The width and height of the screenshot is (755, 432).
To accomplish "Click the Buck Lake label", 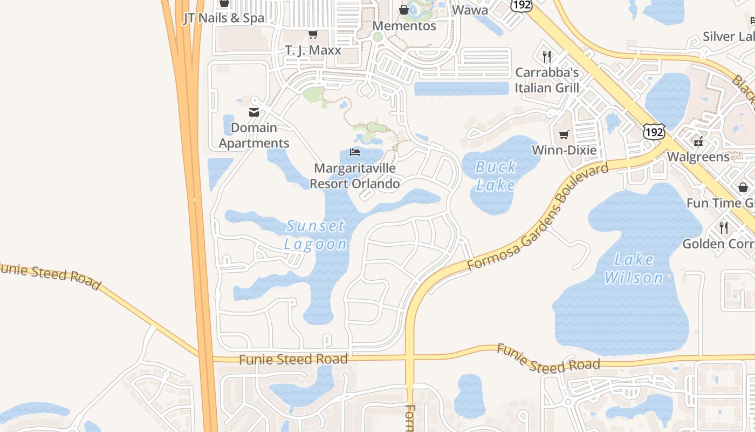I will (x=496, y=175).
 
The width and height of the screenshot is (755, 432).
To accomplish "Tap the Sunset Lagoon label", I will (x=315, y=235).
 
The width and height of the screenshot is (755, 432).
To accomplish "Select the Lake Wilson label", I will (x=634, y=269).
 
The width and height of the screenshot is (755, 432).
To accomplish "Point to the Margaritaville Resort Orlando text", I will (x=355, y=176).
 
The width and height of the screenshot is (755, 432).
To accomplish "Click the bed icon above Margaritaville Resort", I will (x=355, y=152).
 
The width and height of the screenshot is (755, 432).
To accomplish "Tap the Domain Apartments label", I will (x=254, y=136).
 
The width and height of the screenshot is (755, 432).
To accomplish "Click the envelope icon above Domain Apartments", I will (x=254, y=112).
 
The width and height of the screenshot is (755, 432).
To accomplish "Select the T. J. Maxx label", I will (x=313, y=50).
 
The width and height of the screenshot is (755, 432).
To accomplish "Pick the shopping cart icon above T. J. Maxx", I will (x=313, y=35).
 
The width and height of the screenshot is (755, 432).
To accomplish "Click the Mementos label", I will (x=404, y=25).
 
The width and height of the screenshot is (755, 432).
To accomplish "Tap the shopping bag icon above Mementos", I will (x=404, y=10).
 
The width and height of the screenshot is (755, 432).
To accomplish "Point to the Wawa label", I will (x=470, y=10).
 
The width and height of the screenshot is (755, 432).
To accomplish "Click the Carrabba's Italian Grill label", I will (x=547, y=80).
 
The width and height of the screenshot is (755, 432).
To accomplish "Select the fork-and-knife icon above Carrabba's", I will (x=547, y=56).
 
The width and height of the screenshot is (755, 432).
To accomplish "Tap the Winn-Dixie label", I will (x=564, y=150).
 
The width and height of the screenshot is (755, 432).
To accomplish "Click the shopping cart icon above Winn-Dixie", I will (x=564, y=134).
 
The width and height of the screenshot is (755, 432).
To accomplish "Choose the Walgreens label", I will (x=698, y=157).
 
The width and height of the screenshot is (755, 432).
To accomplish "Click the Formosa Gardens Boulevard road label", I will (x=538, y=217).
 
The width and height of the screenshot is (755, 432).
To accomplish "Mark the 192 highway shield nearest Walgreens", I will (x=654, y=131).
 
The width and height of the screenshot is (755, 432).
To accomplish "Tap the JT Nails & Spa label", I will (x=224, y=18).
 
